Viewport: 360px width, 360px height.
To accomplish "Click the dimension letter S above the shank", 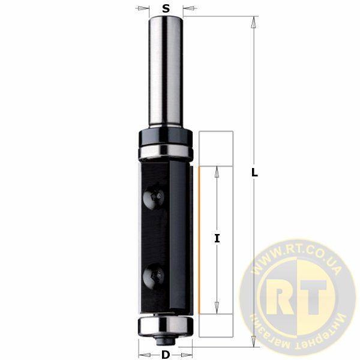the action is [166, 8].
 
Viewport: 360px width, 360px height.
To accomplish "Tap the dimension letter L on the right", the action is [254, 173].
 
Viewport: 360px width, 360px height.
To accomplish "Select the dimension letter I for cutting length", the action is [217, 238].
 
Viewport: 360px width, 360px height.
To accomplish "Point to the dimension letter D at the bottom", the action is [166, 355].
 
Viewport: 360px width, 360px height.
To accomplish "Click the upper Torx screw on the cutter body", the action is [154, 197].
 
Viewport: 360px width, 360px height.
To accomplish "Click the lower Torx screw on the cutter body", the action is [154, 276].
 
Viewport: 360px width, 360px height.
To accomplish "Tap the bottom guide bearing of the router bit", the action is [166, 326].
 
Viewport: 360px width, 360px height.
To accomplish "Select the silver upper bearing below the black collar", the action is [166, 152].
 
